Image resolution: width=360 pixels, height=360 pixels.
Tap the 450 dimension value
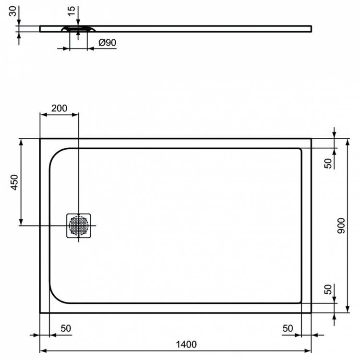14,182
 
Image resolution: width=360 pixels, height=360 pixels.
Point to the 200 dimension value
59,108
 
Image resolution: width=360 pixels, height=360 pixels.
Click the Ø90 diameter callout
107,43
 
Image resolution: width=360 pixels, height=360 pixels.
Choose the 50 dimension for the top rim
328,163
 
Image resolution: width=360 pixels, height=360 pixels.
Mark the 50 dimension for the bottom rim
328,289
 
